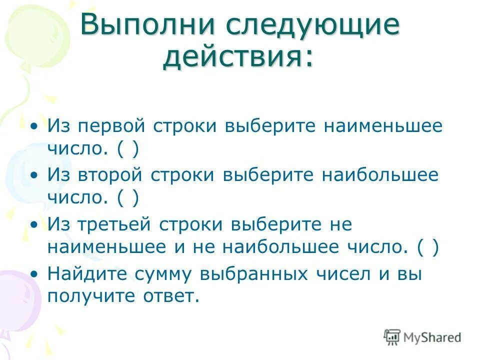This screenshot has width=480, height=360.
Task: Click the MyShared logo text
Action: pyautogui.click(x=431, y=337)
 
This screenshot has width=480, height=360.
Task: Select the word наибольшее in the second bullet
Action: pyautogui.click(x=380, y=175)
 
